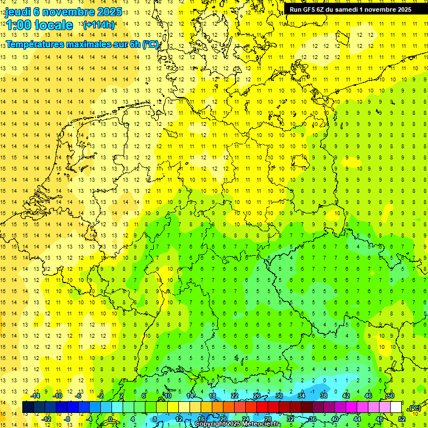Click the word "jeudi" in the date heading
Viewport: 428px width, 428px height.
click(x=18, y=11)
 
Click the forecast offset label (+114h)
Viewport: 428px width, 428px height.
click(x=99, y=25)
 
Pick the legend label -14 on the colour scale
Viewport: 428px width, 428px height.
click(x=36, y=396)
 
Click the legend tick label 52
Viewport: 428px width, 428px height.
click(x=401, y=419)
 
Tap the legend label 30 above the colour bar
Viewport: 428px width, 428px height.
click(x=279, y=396)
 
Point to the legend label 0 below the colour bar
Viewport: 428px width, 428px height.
click(x=110, y=419)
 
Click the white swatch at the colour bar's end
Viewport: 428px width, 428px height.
click(x=396, y=407)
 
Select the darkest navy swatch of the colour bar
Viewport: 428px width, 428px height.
click(x=28, y=407)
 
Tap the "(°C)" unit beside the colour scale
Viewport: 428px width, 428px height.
click(x=415, y=408)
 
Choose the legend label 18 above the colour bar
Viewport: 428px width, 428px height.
click(x=212, y=396)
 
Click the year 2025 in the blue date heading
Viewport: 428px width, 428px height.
click(x=109, y=11)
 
